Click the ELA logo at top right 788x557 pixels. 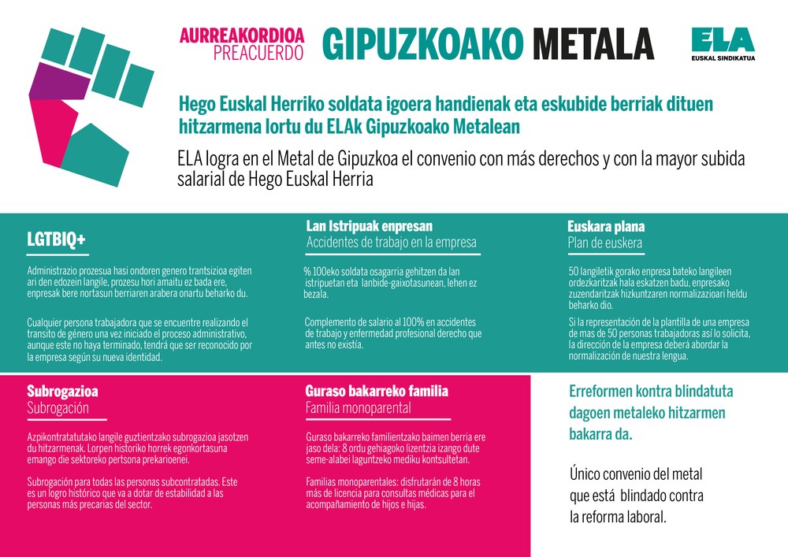coord(722,39)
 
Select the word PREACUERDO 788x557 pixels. coord(258,53)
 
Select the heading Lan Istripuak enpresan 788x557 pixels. coord(369,226)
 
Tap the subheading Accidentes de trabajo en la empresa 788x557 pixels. coord(391,243)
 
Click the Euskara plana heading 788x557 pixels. coord(605,227)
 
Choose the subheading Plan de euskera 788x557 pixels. coord(604,243)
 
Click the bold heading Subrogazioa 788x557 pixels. coord(62,391)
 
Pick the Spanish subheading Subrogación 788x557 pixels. coord(58,408)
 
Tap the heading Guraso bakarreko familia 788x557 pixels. coord(377,391)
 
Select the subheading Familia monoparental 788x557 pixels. coord(358,408)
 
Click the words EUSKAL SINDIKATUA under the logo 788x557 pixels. coord(722,58)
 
